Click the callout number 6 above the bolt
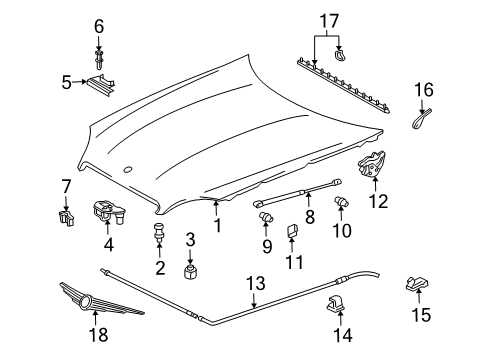pos(98,24)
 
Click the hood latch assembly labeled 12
pos(374,162)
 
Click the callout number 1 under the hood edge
pos(217,226)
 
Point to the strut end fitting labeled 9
pos(267,217)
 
